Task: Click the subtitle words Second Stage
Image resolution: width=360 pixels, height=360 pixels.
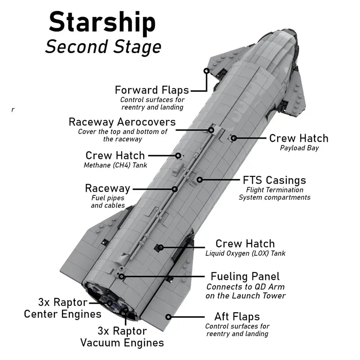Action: tap(103, 46)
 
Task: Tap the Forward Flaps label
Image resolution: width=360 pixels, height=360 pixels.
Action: tap(152, 90)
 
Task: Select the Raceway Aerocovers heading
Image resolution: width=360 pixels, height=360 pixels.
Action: tap(122, 122)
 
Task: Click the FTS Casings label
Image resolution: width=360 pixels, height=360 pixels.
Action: tap(274, 180)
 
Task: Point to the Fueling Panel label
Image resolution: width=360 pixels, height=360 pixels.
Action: tap(245, 276)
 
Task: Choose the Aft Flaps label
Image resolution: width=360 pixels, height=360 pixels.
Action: tap(237, 317)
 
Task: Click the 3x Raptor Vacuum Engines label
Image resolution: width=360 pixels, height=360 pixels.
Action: tap(122, 337)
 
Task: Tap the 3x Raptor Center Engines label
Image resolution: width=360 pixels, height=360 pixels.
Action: tap(63, 307)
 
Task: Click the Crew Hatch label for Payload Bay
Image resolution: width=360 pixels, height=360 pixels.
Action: tap(298, 138)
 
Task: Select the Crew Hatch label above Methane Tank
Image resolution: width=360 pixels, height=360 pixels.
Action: tap(115, 155)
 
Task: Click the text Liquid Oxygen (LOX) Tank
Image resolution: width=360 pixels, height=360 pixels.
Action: tap(245, 253)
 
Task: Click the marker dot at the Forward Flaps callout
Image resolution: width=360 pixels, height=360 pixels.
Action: tap(207, 71)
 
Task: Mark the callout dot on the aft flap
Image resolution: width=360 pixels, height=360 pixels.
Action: tap(169, 316)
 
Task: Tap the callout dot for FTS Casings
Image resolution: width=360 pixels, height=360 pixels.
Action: tap(199, 180)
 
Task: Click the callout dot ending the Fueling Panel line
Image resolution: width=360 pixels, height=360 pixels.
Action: tap(121, 276)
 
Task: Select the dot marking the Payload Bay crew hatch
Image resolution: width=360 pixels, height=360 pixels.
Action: tap(234, 138)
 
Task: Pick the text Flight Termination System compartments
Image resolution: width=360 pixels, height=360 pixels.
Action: tap(274, 193)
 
